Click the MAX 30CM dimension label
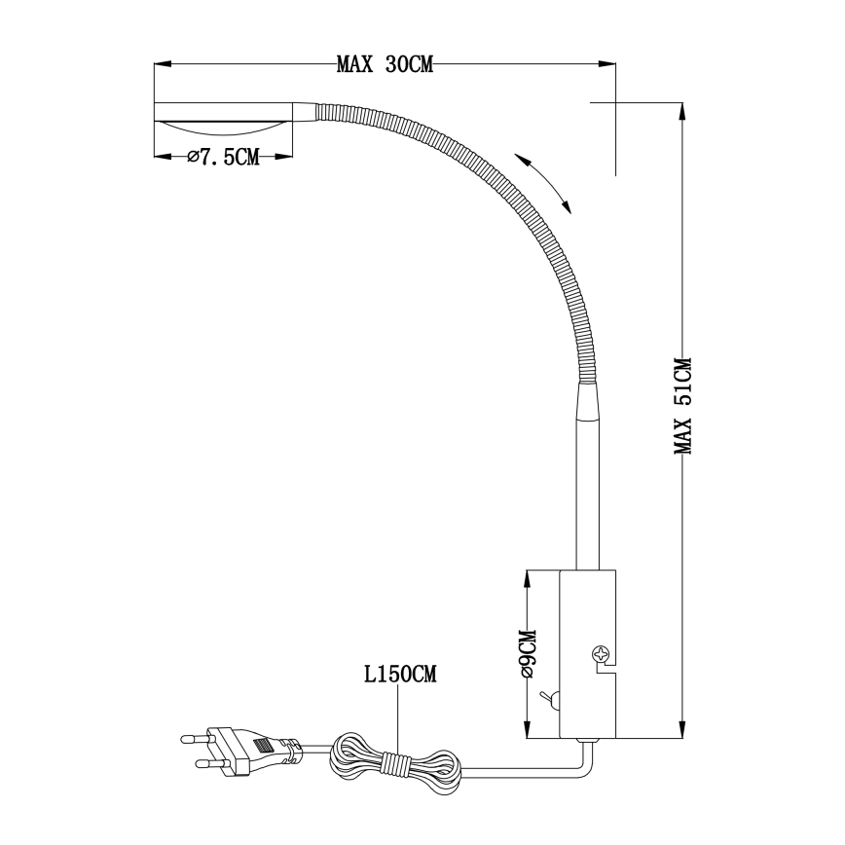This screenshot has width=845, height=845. [x=384, y=65]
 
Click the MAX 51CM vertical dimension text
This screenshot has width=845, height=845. [x=683, y=406]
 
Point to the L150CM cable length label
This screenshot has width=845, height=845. [x=400, y=674]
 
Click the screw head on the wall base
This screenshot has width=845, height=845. [x=602, y=655]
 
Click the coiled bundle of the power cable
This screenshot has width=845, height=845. [x=393, y=758]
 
